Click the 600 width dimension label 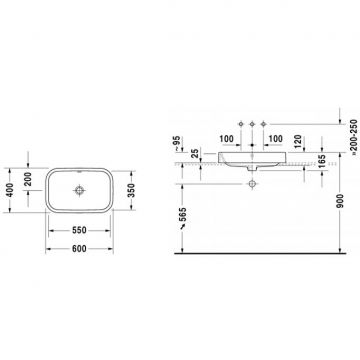point(79,249)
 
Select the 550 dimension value point(79,230)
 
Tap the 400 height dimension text point(10,190)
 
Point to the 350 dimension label point(131,190)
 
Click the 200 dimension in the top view point(28,179)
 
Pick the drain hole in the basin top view point(79,190)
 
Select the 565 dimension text point(183,215)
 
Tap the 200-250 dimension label point(354,137)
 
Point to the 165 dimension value point(322,162)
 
